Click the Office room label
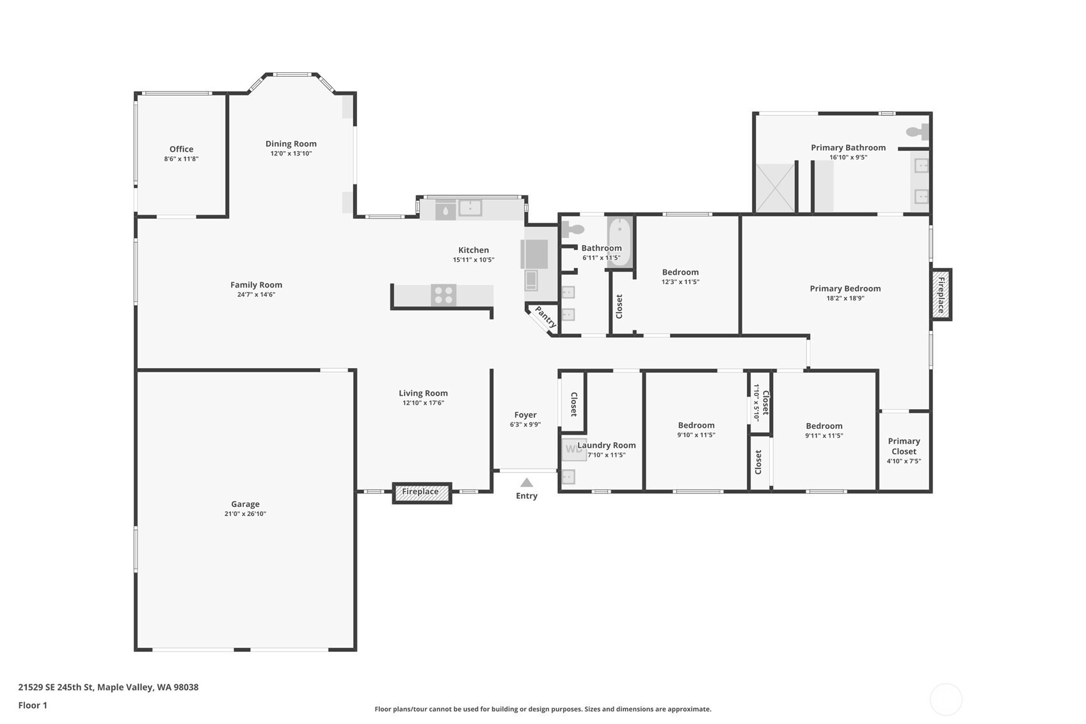tap(181, 149)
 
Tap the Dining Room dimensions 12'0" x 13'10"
tap(291, 154)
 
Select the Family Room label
tap(256, 285)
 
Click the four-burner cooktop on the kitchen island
tap(443, 295)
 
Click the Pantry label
tap(545, 317)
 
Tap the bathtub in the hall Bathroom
tap(619, 241)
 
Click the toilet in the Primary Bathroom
tap(917, 131)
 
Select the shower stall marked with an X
tap(775, 188)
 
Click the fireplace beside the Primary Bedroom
tap(941, 294)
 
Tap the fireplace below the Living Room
tap(422, 493)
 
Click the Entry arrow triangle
tap(527, 483)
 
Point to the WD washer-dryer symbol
tap(573, 449)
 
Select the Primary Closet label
tap(904, 446)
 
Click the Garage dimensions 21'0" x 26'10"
tap(245, 514)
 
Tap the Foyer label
tap(525, 415)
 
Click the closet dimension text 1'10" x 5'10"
tap(756, 402)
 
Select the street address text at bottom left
tap(109, 687)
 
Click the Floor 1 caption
tap(33, 705)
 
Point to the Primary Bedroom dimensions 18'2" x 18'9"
tap(845, 299)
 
